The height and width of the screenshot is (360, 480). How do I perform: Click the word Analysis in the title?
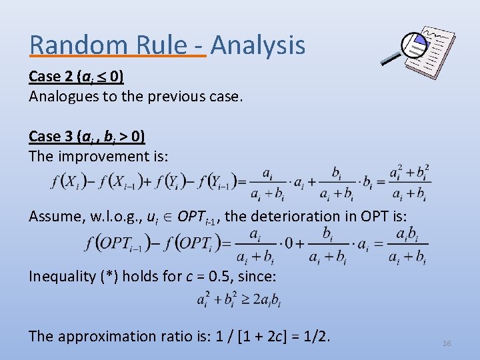tap(258, 45)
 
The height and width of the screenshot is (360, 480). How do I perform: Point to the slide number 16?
tap(447, 343)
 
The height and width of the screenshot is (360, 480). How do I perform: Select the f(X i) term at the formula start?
tap(65, 181)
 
